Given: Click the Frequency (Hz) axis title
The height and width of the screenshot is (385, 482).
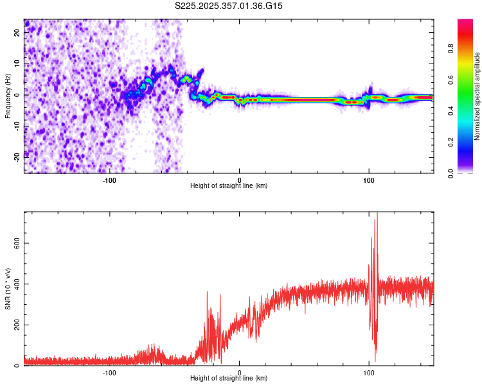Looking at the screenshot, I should (x=8, y=96).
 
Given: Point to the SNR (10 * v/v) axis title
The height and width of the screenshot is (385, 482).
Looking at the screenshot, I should (x=8, y=289).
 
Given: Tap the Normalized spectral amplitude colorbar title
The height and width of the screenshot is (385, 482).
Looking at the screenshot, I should (x=477, y=96).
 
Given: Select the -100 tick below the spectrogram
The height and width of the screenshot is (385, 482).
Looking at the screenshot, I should (x=109, y=179).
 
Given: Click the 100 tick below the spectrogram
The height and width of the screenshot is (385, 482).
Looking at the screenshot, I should (x=369, y=179).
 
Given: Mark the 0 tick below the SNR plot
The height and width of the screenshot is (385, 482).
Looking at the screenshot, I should (x=239, y=372).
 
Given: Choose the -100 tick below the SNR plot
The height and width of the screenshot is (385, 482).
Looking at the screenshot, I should (x=109, y=372).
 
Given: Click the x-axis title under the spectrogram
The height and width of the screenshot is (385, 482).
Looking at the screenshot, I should (x=229, y=186).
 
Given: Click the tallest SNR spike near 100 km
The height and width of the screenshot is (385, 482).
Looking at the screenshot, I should (x=377, y=216).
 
